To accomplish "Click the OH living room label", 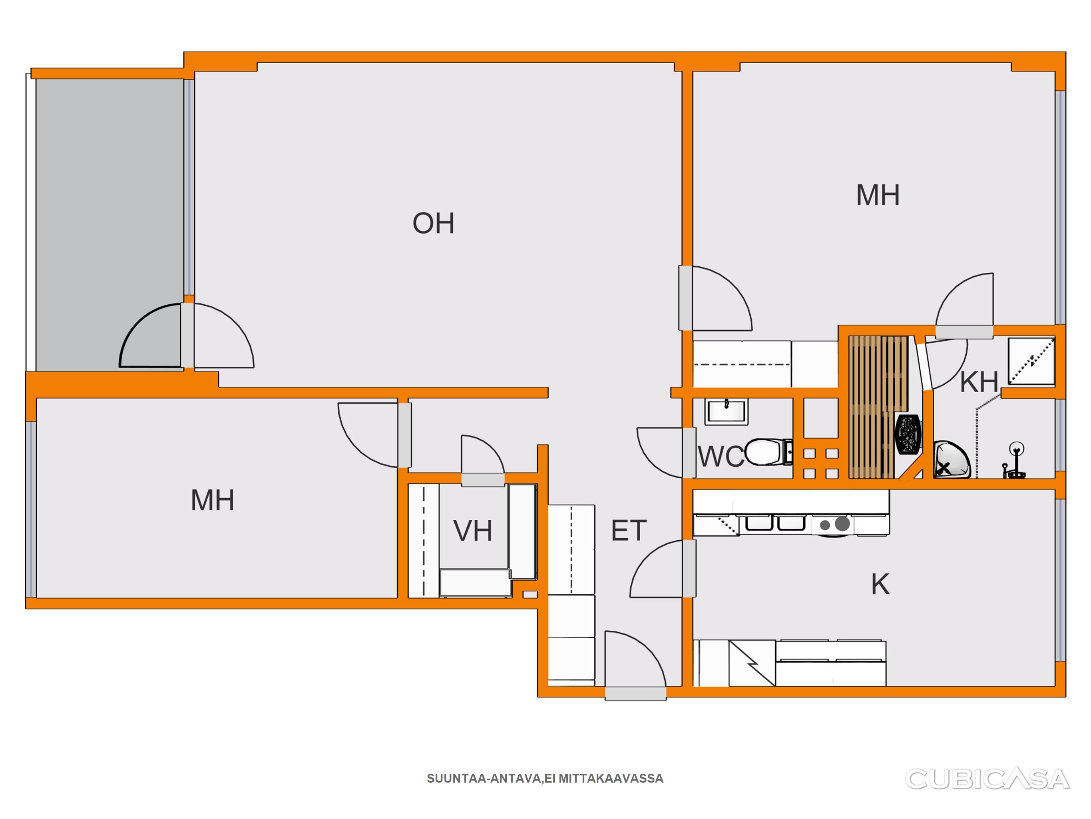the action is tap(433, 223).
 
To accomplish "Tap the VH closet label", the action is tap(472, 531).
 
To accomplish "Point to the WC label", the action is tap(721, 457).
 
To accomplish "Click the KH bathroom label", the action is tap(979, 382).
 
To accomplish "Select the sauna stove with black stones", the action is tap(908, 434).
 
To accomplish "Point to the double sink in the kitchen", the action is tap(775, 522).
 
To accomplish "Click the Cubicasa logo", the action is tap(987, 779).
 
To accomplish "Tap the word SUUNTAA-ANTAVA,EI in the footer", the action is tap(491, 779).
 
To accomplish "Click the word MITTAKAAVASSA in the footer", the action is tap(611, 779).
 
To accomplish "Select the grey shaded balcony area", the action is tap(109, 225).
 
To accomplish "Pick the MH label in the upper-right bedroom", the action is tap(878, 195).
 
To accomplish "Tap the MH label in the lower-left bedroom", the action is tap(212, 500).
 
